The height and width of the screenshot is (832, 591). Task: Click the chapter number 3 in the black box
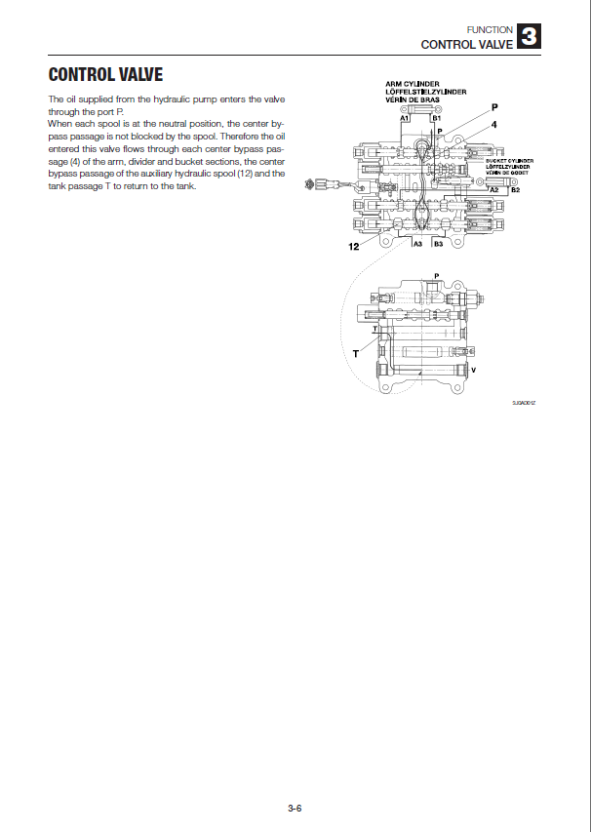pos(529,37)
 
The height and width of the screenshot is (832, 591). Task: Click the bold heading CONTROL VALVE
pos(105,75)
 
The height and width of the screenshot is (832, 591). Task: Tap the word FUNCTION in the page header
pos(490,29)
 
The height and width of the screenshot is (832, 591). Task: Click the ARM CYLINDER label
pos(413,84)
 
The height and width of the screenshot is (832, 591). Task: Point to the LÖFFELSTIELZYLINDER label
pos(426,92)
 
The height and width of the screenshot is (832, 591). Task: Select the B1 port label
pos(437,117)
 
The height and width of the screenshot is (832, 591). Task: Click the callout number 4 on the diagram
pos(494,125)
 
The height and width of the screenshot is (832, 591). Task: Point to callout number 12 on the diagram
pos(354,248)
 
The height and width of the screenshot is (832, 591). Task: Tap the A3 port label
pos(416,244)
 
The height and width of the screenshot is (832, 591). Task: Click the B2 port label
pos(516,189)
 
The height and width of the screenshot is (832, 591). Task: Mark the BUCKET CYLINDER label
pos(509,160)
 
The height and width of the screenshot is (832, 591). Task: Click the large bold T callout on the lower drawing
pos(355,355)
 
